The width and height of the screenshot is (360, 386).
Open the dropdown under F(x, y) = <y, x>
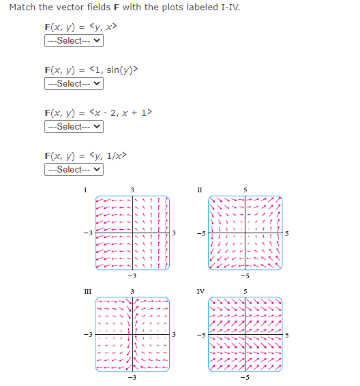74,41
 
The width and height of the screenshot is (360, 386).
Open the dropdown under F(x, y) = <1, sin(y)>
74,84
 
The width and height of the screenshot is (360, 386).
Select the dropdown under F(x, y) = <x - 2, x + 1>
74,127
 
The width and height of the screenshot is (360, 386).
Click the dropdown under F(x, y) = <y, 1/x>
74,169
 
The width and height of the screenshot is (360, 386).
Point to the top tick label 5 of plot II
247,189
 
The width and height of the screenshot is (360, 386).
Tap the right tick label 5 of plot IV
287,334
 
